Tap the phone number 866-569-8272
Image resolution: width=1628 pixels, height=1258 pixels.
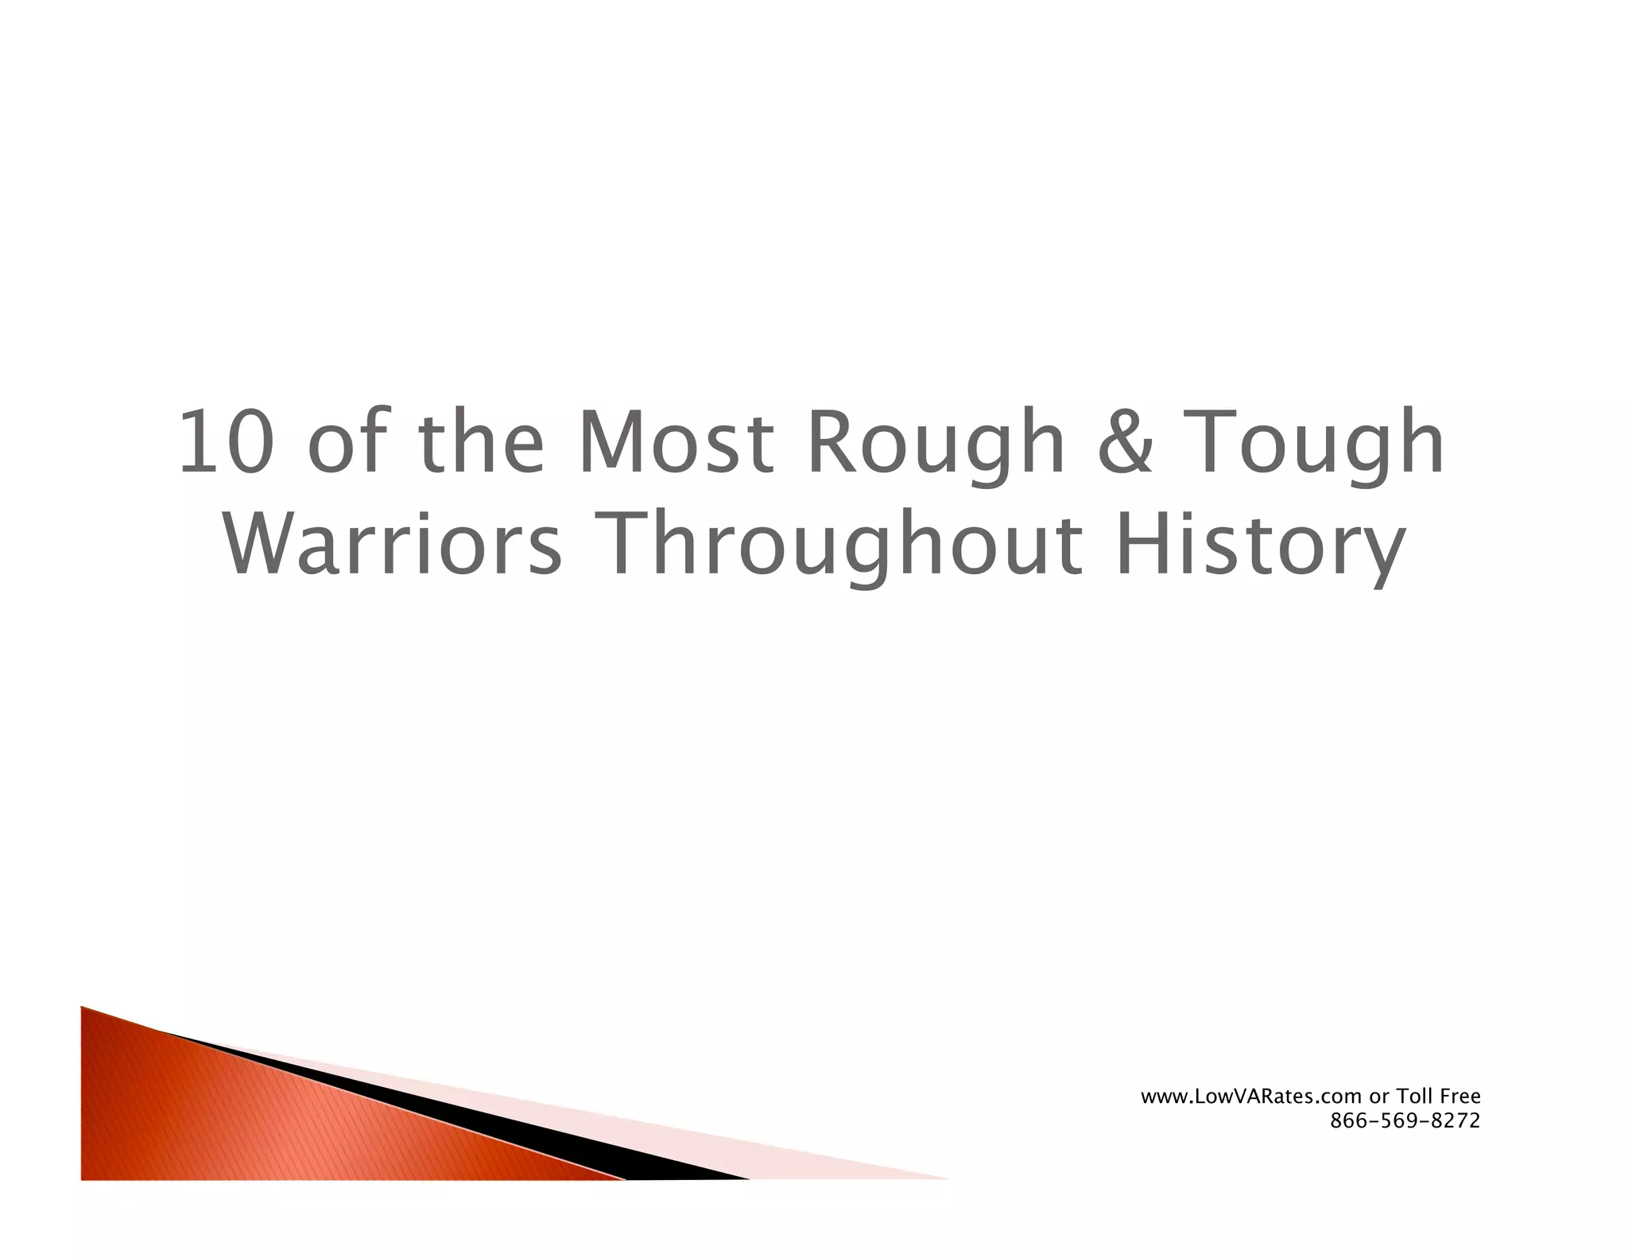tap(1405, 1121)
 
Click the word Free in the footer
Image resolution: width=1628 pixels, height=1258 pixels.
tap(1462, 1097)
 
